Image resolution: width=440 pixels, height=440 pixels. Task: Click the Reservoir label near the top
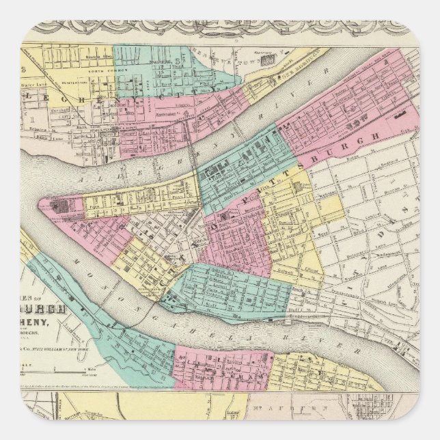tap(255, 53)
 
